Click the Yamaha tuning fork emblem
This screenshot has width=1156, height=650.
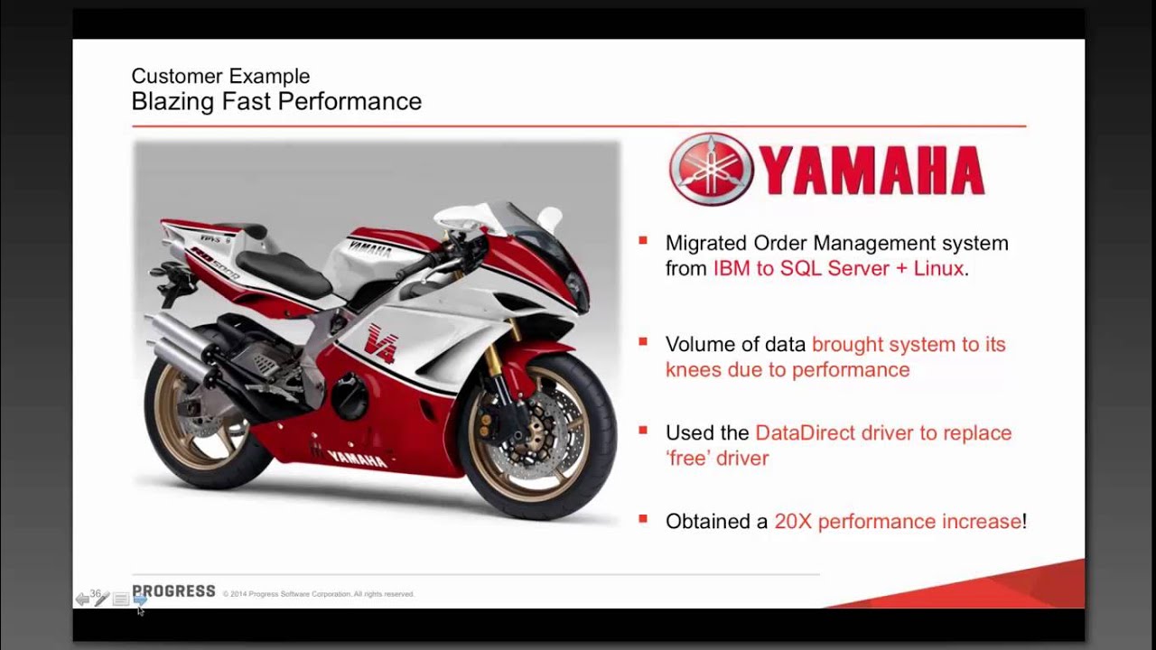[x=712, y=169]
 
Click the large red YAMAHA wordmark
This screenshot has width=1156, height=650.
[x=872, y=171]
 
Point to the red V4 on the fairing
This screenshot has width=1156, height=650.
[x=380, y=342]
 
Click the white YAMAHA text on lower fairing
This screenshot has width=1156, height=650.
[x=357, y=459]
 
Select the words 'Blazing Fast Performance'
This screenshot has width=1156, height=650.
[x=276, y=101]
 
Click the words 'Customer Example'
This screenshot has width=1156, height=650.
[x=220, y=76]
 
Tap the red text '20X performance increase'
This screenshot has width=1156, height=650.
[x=898, y=521]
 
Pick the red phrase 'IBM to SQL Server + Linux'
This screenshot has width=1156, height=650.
[x=838, y=268]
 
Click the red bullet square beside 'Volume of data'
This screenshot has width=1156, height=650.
[x=643, y=341]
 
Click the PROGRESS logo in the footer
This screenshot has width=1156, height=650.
[x=173, y=591]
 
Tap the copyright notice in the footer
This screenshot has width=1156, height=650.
[x=319, y=594]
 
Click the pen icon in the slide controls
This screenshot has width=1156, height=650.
[x=101, y=599]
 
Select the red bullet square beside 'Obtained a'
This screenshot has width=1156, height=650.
[x=643, y=518]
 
